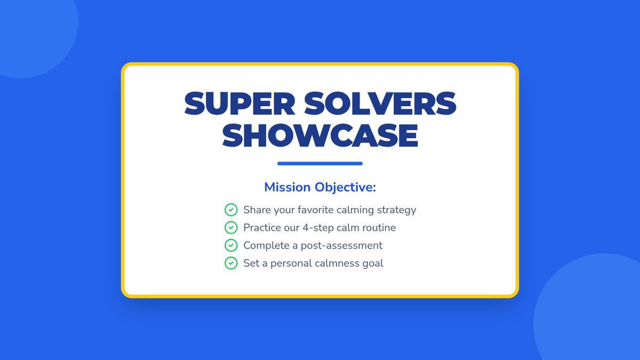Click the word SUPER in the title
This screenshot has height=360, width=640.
[239, 103]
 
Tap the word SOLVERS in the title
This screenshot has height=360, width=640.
[380, 103]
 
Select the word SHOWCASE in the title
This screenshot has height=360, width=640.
[320, 135]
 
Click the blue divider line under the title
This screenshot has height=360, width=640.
[320, 163]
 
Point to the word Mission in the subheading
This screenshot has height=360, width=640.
[287, 187]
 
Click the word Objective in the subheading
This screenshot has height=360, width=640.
[345, 188]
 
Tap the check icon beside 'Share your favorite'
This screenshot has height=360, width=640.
[231, 210]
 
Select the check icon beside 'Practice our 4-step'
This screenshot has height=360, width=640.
[231, 227]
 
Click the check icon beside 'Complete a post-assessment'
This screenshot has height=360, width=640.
[231, 245]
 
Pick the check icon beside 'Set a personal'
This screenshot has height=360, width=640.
[231, 263]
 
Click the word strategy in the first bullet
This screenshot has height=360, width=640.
[397, 210]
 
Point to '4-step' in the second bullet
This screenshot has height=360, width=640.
[318, 228]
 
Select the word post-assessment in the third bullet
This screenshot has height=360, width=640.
[341, 246]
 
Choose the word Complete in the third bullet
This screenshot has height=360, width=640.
[266, 246]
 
